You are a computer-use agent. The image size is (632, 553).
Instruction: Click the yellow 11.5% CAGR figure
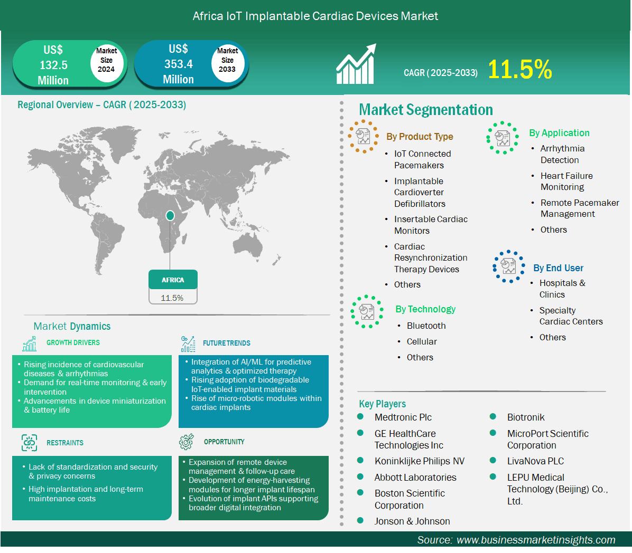coord(519,69)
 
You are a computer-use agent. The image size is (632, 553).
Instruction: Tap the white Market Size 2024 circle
coord(106,60)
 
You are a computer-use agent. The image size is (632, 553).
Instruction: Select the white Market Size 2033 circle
coord(228,60)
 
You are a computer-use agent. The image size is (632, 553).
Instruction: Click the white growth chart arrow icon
coord(356,64)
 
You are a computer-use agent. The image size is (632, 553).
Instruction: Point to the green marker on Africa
coord(170,215)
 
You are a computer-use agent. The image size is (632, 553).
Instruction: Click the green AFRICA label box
coord(173,280)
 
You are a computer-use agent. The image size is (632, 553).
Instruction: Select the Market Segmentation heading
coord(426,110)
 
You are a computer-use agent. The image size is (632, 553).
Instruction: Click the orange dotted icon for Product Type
coord(363,137)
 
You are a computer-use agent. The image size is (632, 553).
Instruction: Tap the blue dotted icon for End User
coord(509,266)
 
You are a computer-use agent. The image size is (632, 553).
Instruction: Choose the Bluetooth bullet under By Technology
coord(426,326)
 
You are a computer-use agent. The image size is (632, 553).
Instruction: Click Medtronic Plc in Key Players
coord(403,417)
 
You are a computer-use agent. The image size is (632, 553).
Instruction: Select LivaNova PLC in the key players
coord(535,461)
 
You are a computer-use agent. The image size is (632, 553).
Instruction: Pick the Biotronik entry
coord(526,417)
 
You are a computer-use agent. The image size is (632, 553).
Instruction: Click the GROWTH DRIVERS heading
coord(73,342)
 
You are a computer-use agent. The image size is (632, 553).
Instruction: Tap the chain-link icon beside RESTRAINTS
coord(30,443)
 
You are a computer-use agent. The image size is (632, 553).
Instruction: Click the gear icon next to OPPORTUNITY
coord(186,442)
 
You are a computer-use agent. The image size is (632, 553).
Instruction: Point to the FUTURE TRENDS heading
coord(227,344)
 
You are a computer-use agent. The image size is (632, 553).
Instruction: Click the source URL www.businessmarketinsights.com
coord(536,540)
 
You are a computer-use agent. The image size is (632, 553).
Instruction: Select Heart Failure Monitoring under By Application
coord(566,182)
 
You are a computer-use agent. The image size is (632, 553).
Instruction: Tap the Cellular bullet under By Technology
coord(422,342)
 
